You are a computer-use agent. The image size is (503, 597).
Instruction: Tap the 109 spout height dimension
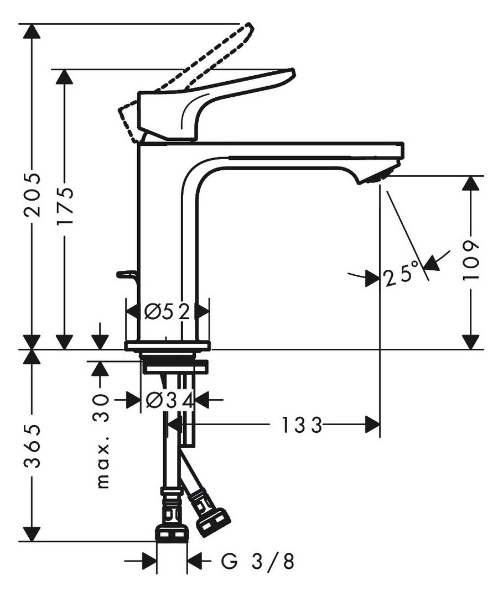[x=470, y=260]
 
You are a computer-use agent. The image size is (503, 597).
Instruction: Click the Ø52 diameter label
[x=167, y=312]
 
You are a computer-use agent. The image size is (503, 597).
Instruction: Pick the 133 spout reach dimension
[x=302, y=425]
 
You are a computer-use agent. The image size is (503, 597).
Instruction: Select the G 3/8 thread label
[x=258, y=561]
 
